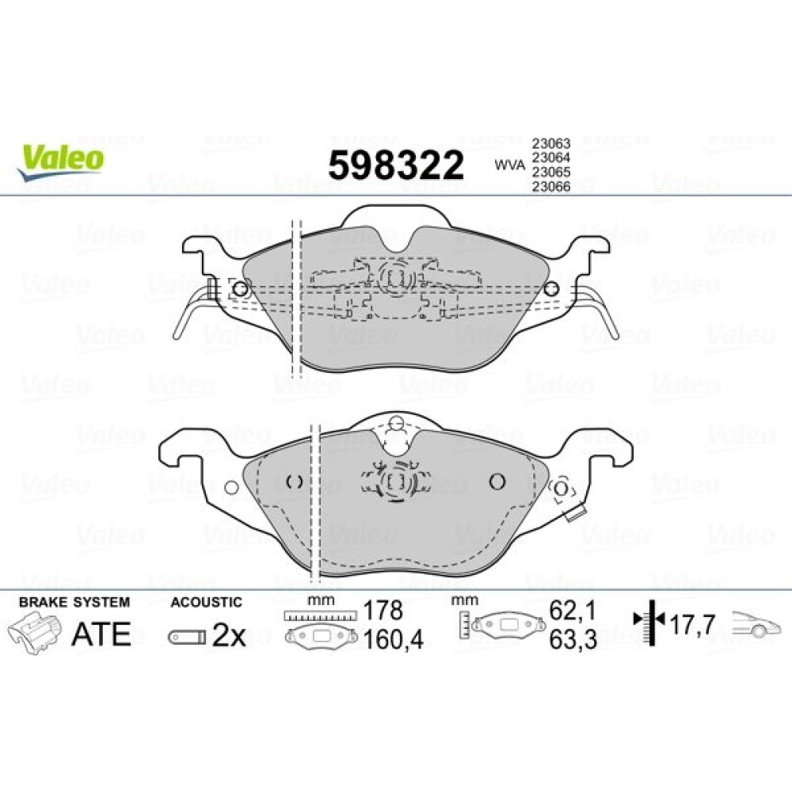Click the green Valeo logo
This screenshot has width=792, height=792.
pos(61,161)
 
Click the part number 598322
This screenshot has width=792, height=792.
pos(396,166)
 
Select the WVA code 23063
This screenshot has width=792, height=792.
pos(550,143)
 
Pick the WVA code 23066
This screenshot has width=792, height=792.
pos(550,187)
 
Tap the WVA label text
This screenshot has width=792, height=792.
pos(509,165)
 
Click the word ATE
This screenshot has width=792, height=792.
pos(101,634)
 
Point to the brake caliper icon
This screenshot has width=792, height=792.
pos(34,632)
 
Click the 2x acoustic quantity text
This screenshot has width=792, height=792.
pos(229,635)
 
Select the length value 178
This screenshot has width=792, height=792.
pos(383,611)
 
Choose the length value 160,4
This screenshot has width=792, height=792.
pos(394,639)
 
